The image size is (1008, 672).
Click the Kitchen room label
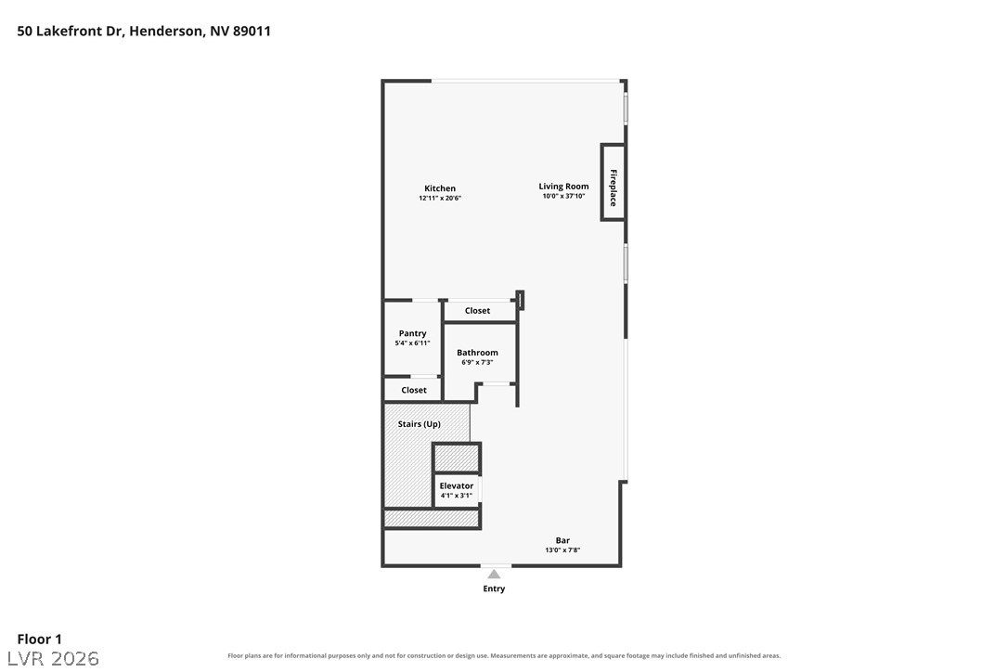440,188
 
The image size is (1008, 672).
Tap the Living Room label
563,187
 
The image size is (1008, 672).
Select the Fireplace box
613,182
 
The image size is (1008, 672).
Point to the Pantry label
413,333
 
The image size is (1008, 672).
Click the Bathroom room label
478,353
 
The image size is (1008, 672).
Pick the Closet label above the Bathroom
478,311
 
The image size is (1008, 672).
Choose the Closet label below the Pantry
414,391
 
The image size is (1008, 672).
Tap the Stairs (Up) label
420,424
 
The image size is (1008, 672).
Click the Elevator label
457,486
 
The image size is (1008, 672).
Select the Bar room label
562,541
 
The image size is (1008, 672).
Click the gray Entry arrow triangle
494,575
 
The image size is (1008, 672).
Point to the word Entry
495,589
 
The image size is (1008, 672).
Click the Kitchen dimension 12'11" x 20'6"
440,198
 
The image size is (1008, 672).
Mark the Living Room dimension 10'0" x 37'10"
563,196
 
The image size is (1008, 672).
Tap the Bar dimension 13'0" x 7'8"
562,550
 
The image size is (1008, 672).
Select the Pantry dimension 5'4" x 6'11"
413,343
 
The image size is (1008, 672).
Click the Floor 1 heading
39,640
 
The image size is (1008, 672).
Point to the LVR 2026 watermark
53,658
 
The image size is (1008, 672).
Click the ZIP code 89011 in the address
252,31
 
